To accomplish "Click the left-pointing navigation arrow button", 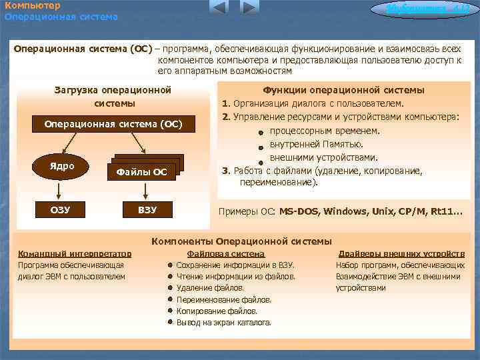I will point(219,8).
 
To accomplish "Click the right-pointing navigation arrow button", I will point(249,8).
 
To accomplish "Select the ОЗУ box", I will point(60,211).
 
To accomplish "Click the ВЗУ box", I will point(147,211).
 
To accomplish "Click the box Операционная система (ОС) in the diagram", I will point(113,125).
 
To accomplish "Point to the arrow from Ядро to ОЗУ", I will point(60,192).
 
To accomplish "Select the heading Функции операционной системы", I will point(343,91).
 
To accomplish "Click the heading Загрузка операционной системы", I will point(113,97).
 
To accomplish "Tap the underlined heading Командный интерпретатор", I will point(75,254).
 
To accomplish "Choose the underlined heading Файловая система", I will point(226,254).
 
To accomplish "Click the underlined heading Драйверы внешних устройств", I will point(401,254).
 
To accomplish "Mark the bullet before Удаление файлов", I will point(171,289).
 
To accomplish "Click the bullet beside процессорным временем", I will point(261,132).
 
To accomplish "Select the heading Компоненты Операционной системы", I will point(241,241).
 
